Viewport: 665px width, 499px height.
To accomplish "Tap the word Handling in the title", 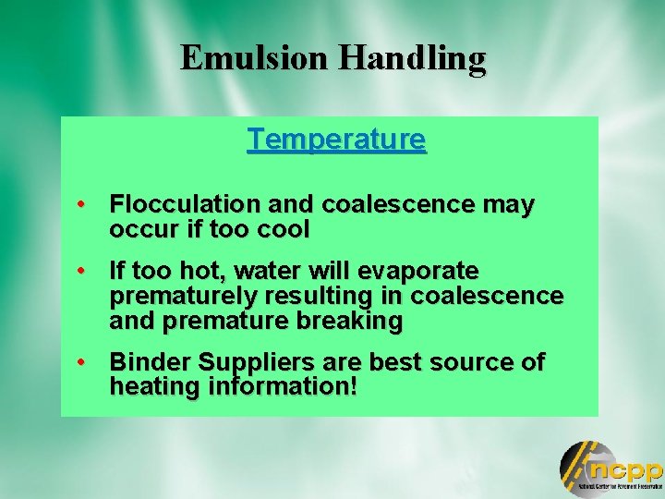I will click(411, 58).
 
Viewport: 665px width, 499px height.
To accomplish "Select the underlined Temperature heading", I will click(336, 140).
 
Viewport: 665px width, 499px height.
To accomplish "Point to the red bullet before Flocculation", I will click(83, 204).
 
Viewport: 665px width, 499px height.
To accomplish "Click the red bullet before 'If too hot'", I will click(83, 272).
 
